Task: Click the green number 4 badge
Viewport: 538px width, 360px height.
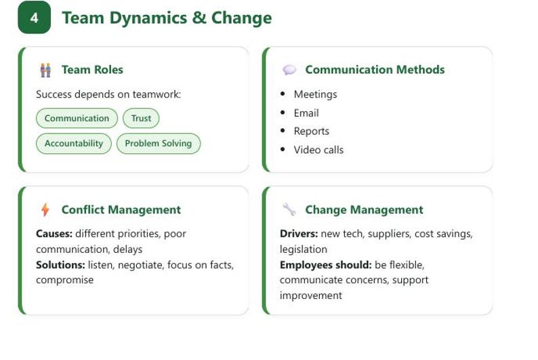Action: [x=35, y=18]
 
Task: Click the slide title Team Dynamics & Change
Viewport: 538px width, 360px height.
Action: [x=167, y=18]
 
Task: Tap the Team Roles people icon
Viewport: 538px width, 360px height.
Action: [x=45, y=70]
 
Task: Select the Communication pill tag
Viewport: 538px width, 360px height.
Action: [x=77, y=118]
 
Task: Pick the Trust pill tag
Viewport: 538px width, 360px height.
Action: [x=141, y=118]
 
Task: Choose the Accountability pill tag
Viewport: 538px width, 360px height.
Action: [x=74, y=144]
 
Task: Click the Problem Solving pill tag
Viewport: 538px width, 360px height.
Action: [x=159, y=144]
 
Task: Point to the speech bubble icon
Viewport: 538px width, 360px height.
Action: [x=289, y=70]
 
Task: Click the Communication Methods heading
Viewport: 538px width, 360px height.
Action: [x=375, y=70]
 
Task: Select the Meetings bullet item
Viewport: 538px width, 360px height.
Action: [x=315, y=94]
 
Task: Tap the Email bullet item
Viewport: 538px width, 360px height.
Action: [x=306, y=113]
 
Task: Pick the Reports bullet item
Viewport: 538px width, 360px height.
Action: [x=311, y=131]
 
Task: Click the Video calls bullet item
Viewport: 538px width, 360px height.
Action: [x=318, y=150]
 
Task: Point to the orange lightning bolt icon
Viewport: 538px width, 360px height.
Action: [x=45, y=209]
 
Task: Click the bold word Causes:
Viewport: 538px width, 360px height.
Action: [x=54, y=234]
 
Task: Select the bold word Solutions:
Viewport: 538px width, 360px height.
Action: [x=60, y=265]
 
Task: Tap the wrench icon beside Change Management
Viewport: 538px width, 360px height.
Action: [x=289, y=209]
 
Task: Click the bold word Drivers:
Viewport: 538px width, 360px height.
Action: [x=299, y=234]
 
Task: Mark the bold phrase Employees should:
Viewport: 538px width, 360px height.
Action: [x=326, y=265]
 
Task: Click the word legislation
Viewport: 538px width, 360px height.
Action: [x=304, y=249]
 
